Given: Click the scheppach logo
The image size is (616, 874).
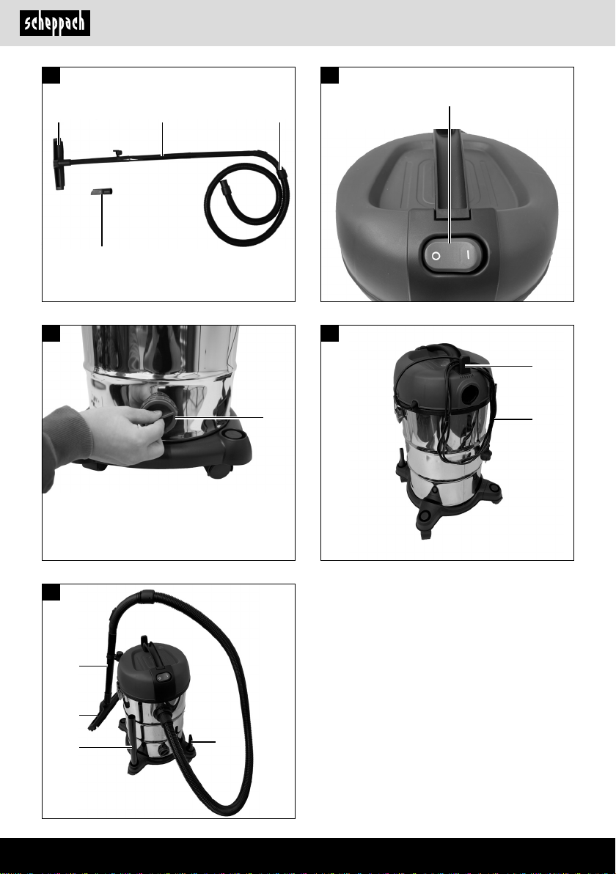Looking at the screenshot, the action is [x=54, y=23].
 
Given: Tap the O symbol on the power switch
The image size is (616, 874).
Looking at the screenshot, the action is [x=436, y=256].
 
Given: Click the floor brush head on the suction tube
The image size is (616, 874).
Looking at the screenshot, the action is [x=59, y=164].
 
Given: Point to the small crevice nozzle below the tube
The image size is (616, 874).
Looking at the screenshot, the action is [x=101, y=191].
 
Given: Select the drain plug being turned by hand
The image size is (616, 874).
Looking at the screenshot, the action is [x=159, y=413].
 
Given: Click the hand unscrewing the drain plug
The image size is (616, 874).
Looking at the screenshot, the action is [x=122, y=435].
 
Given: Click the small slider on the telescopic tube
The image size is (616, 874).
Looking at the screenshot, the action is [x=117, y=153].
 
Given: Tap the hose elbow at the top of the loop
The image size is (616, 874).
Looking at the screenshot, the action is [x=147, y=595].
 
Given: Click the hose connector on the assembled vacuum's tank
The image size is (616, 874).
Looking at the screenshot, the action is [x=163, y=714].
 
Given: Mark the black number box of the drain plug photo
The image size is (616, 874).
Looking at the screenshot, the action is [x=51, y=334].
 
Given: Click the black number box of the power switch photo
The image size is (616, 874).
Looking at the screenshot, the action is [x=330, y=76].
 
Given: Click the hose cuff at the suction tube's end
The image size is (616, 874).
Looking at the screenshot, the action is [x=282, y=171].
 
